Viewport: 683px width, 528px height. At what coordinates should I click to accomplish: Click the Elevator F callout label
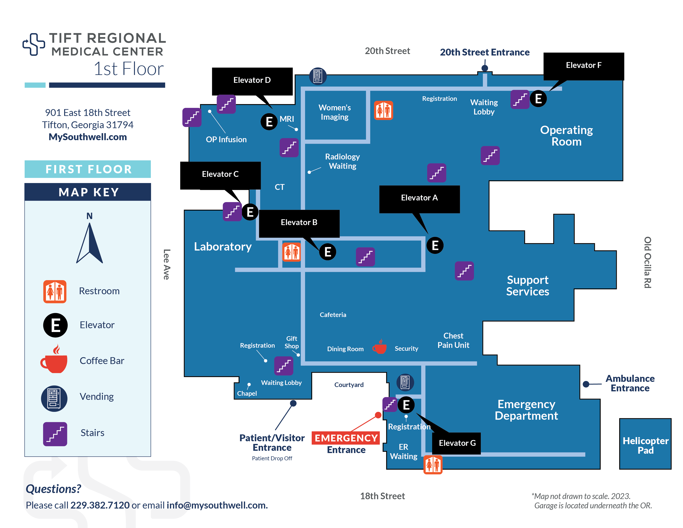click(584, 65)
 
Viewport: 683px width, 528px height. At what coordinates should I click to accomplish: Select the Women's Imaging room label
click(335, 112)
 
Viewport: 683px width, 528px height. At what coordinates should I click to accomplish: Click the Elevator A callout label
click(419, 198)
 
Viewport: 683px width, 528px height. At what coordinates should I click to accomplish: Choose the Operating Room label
click(566, 136)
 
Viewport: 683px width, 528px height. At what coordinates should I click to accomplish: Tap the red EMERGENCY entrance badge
click(346, 438)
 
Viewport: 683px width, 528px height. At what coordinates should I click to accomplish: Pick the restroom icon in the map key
click(55, 292)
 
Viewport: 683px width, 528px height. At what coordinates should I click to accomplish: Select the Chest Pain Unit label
click(453, 340)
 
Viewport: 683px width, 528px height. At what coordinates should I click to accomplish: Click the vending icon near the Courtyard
click(405, 382)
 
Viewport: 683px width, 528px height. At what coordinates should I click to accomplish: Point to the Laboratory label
click(223, 247)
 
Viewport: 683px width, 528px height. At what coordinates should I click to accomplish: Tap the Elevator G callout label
click(457, 443)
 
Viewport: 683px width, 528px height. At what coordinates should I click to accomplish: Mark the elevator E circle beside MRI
click(269, 122)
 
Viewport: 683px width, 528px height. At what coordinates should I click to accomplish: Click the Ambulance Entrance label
click(630, 383)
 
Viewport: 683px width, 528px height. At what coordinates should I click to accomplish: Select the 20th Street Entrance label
click(485, 52)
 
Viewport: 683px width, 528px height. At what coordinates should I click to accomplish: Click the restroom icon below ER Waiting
click(433, 465)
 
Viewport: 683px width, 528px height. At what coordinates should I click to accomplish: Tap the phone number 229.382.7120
click(100, 505)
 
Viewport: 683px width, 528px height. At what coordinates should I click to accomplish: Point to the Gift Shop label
click(291, 342)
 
